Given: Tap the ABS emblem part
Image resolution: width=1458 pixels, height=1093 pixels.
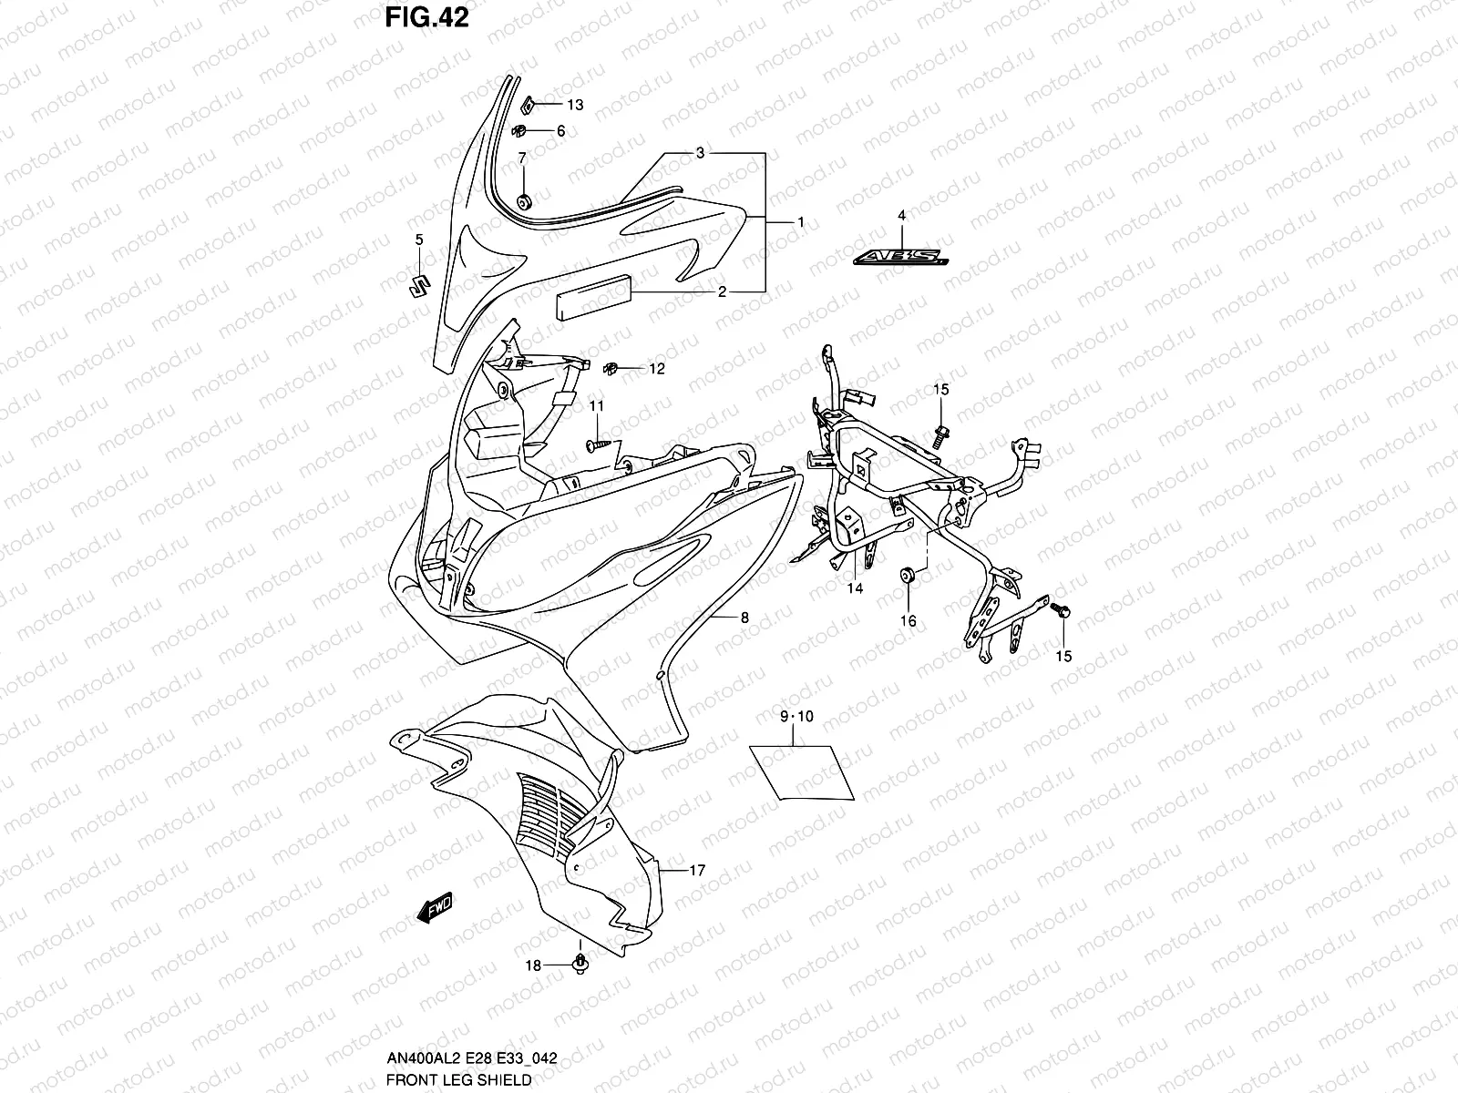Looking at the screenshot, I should (900, 259).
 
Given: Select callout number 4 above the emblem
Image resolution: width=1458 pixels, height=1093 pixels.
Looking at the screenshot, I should (901, 216).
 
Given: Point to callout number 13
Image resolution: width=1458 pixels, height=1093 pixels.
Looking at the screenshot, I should (575, 105).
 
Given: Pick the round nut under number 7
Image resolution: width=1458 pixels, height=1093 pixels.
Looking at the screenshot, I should (524, 201).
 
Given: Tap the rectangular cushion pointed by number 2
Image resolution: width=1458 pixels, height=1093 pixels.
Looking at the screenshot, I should (591, 294).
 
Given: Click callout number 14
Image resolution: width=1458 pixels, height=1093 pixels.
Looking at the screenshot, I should (855, 588).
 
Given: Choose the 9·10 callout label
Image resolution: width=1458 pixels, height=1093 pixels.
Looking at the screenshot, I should (796, 717).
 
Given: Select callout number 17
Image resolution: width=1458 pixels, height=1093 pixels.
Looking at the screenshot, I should (696, 871).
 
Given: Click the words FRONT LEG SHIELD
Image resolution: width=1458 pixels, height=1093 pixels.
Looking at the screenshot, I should (458, 1079).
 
